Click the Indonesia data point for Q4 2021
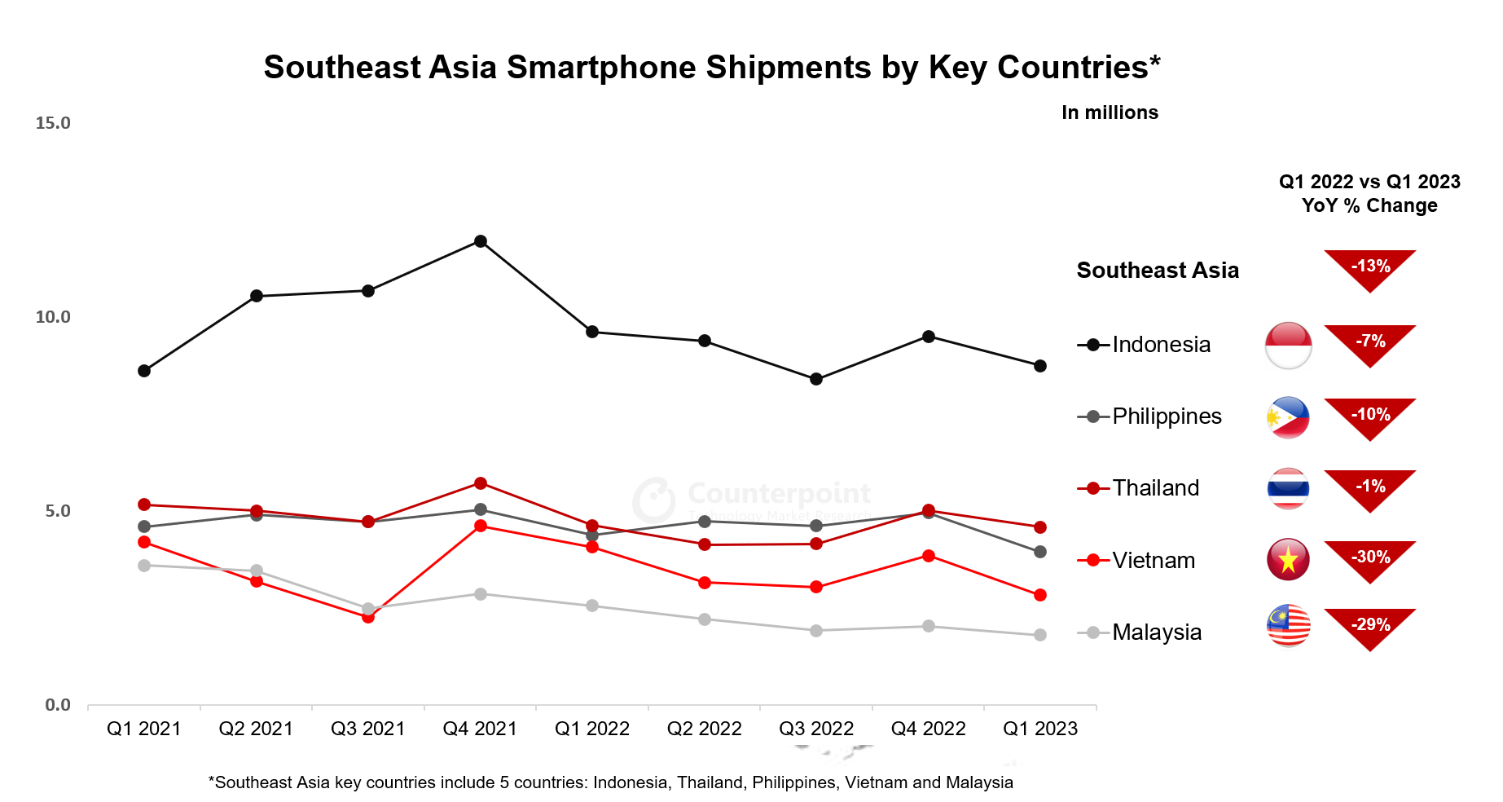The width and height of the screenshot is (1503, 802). tap(481, 241)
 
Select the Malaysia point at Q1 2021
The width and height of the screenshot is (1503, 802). tap(144, 566)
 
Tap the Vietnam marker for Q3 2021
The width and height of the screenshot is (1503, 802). tap(368, 617)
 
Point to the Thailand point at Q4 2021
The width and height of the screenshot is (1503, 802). tap(481, 483)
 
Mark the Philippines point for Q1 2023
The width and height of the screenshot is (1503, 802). tap(1040, 552)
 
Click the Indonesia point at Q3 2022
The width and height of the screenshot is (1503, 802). tap(816, 379)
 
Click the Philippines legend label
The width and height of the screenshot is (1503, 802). tap(1167, 416)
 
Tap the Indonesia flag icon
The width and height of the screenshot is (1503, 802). tap(1288, 346)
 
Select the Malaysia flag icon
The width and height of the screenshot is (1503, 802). tap(1288, 626)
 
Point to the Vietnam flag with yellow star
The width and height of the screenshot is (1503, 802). tap(1288, 560)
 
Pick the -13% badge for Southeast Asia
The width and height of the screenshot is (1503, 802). tap(1370, 268)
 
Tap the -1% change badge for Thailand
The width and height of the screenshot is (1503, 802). tap(1370, 488)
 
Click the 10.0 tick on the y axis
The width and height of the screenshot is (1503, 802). tap(53, 317)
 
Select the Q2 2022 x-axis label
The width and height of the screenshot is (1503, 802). tap(704, 729)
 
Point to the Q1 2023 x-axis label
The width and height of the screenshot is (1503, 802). tap(1040, 729)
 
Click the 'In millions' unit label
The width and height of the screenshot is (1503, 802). tap(1110, 112)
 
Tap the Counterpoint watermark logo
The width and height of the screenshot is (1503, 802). tap(654, 499)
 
